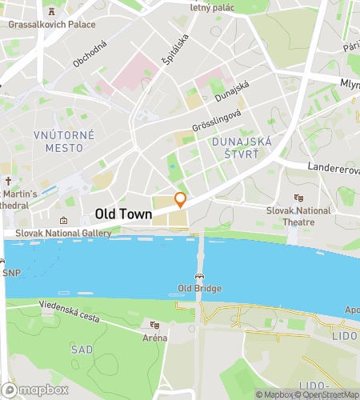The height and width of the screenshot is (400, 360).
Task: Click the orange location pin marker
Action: coord(181,200)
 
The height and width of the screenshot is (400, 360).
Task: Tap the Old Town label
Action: coord(124,214)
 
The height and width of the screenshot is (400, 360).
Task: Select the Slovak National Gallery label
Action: coord(57,233)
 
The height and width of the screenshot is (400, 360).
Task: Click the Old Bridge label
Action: coord(199,288)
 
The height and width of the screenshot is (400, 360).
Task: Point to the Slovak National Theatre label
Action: coord(298,215)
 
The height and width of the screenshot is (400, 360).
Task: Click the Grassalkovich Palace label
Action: coord(52,24)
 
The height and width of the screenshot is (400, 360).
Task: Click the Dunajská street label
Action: coord(232,93)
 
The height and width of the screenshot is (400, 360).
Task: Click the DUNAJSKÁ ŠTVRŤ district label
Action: coord(242,147)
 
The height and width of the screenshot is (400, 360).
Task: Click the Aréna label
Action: coord(155,338)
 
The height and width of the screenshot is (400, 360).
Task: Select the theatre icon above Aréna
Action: coord(154,325)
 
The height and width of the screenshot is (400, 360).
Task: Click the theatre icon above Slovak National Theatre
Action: coord(298,198)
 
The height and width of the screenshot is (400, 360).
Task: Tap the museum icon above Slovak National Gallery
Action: coord(64,220)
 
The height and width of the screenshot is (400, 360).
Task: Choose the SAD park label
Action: coord(82,350)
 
